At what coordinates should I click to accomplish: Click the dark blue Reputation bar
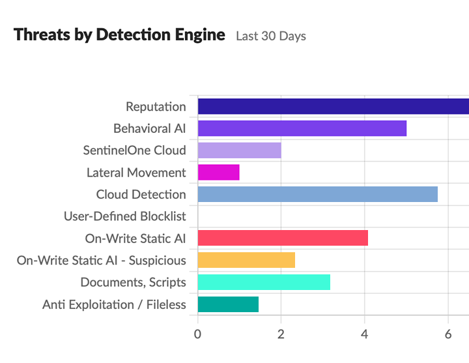333,106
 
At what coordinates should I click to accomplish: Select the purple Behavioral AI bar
302,128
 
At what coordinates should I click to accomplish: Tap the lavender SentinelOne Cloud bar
239,151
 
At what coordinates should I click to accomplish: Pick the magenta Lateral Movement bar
218,173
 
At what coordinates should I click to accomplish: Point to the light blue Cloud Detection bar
317,194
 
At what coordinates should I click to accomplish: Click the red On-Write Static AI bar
282,238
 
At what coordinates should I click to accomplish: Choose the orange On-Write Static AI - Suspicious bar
246,260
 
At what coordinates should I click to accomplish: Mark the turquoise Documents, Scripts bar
263,282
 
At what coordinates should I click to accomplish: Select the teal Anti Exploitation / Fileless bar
228,304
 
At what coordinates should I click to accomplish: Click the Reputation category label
156,107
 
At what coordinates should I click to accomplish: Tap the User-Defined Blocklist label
125,216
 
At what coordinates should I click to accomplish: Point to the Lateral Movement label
136,173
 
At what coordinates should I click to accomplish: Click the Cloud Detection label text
141,195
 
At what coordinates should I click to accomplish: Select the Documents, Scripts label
134,282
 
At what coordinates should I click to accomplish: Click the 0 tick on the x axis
197,334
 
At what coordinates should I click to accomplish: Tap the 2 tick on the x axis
281,334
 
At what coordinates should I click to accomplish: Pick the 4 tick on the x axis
365,334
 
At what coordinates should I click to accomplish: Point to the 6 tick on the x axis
448,334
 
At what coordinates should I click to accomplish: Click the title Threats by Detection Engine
119,35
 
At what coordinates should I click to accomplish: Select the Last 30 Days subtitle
271,36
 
